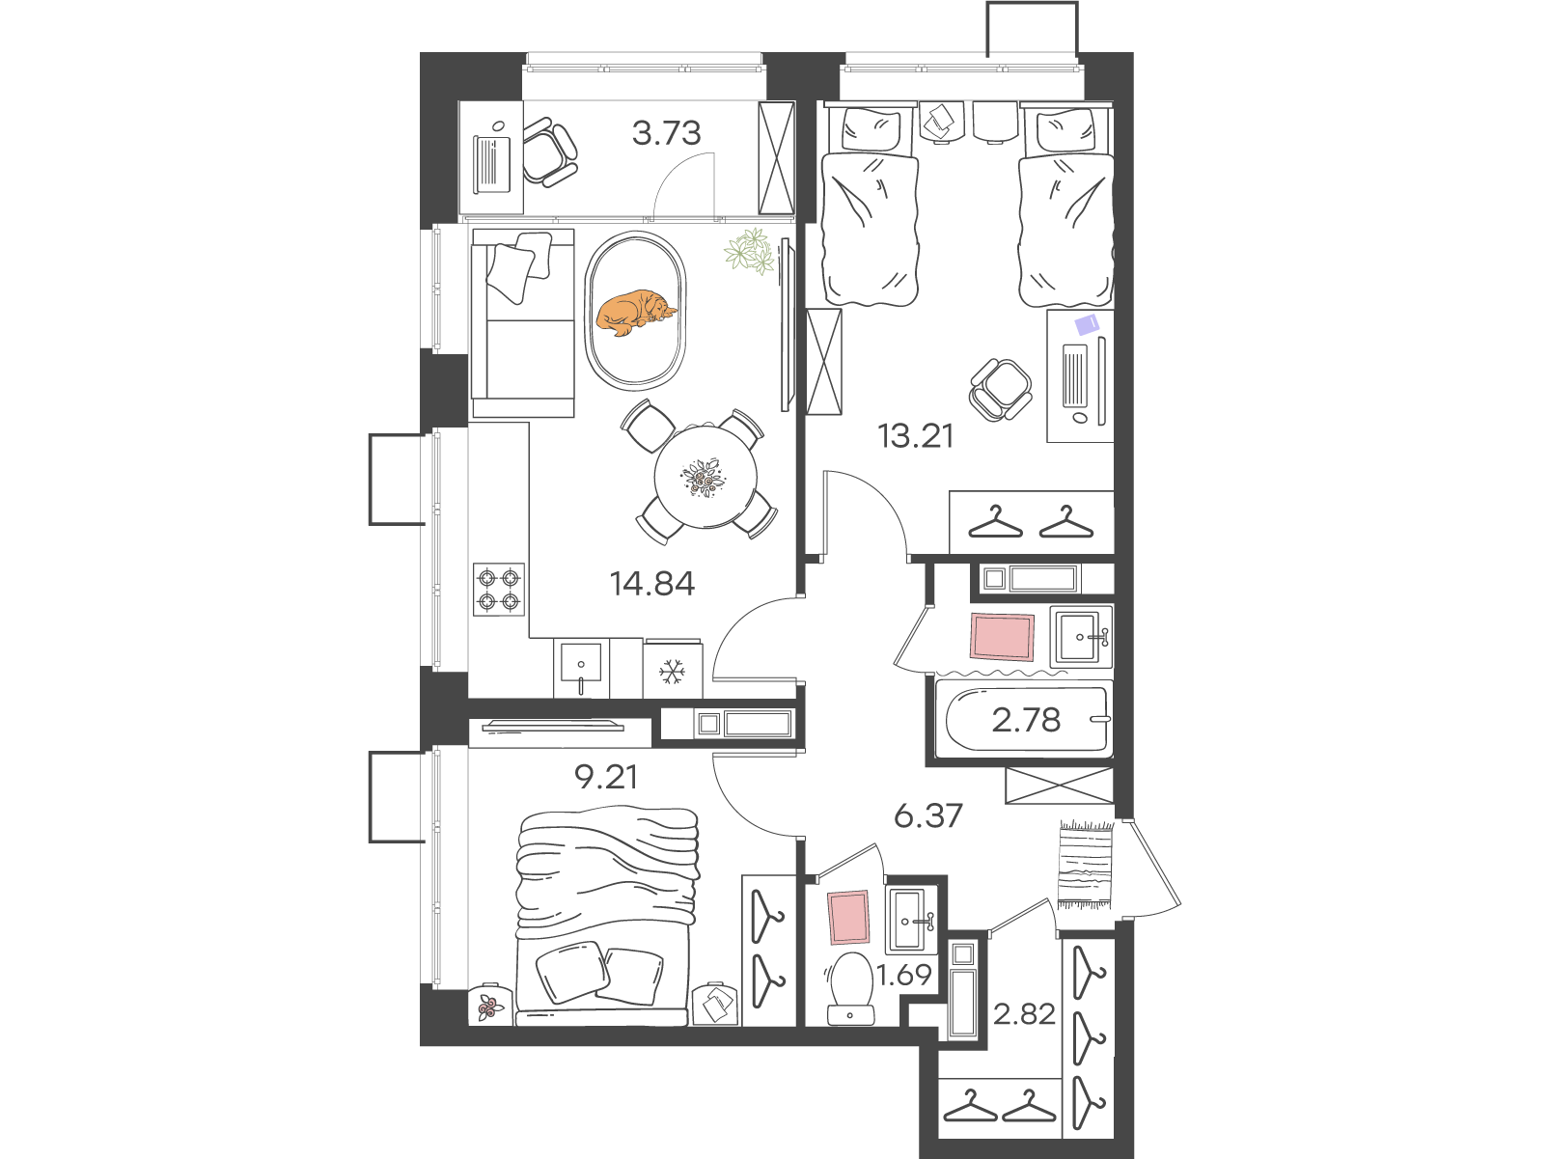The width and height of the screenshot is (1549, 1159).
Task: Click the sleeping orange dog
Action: (x=636, y=311)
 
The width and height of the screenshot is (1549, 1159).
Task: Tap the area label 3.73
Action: (x=666, y=132)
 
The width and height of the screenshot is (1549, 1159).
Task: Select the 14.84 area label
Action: (x=652, y=584)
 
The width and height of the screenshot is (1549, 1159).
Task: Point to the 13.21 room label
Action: (x=915, y=436)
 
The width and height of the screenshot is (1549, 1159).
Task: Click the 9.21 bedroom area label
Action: (x=606, y=778)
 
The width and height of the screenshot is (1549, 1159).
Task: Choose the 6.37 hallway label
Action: (x=928, y=816)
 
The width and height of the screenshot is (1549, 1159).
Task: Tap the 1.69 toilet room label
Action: (x=904, y=975)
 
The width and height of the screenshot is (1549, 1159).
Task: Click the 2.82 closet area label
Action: (x=1024, y=1014)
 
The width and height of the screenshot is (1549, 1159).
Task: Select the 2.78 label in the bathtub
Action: (x=1026, y=720)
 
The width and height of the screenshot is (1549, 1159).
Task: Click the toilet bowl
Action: (x=850, y=988)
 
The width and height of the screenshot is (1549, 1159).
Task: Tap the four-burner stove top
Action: (x=499, y=590)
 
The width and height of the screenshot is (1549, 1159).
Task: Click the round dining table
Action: (x=705, y=477)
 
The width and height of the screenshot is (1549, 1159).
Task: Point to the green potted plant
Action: (x=750, y=251)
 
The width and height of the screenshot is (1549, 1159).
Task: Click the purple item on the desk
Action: (x=1086, y=324)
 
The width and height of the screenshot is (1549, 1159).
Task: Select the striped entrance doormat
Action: (x=1086, y=864)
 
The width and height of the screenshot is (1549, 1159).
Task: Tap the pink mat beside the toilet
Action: (x=848, y=917)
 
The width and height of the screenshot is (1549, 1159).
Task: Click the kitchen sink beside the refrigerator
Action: (x=582, y=668)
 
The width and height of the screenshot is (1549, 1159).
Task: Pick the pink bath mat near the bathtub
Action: (x=1002, y=637)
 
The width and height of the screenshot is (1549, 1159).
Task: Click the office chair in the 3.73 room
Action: (x=549, y=153)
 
